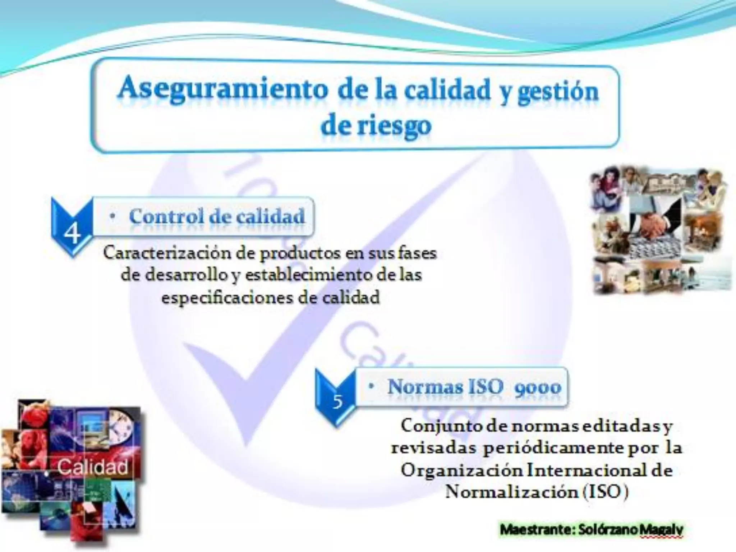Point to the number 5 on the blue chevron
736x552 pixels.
pos(337,401)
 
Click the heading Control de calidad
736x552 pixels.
pos(217,216)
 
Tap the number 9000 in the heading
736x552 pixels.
pos(538,387)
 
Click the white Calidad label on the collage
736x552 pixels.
pos(93,467)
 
